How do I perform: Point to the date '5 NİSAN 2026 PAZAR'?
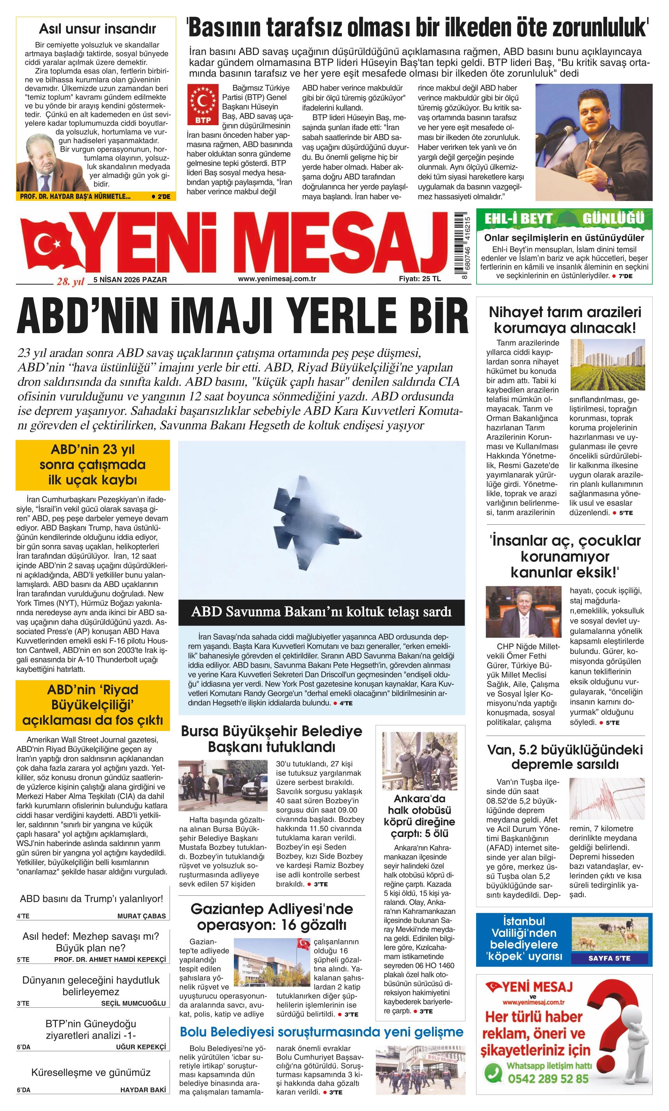point(130,280)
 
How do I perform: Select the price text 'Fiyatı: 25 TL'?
point(420,279)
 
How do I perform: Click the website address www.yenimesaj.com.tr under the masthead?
point(277,279)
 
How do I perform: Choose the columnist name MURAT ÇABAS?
point(141,916)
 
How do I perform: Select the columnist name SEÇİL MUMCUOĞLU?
point(133,1003)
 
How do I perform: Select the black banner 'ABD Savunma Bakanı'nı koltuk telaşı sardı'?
point(321,612)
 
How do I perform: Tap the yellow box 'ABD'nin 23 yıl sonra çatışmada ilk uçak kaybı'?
point(93,465)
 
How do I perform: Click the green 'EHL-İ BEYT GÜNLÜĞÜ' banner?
point(564,219)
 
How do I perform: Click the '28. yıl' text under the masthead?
point(70,282)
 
